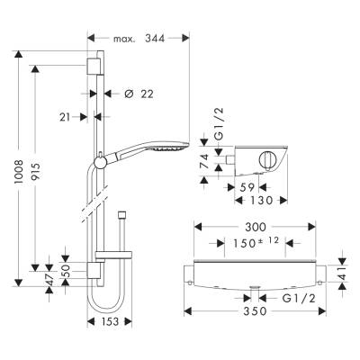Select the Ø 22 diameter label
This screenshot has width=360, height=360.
(x=135, y=93)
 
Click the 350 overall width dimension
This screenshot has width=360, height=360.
(x=256, y=311)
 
